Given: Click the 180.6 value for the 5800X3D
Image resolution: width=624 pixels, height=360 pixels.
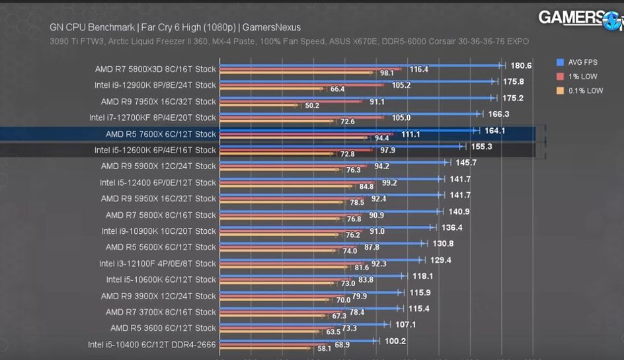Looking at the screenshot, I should pos(522,65).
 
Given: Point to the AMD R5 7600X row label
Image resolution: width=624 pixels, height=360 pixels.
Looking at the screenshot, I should pos(161,134).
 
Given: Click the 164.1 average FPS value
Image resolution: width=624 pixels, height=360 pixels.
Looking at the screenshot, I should pos(494,131).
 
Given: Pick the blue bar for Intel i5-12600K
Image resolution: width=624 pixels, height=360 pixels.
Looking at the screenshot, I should pos(340,146).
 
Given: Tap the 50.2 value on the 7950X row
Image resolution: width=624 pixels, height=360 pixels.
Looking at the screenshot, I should pos(311,106).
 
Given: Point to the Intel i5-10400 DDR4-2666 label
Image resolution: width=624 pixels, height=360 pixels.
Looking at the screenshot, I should pos(152,344).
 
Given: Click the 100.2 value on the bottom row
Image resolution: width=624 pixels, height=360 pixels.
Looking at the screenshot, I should pos(395,341).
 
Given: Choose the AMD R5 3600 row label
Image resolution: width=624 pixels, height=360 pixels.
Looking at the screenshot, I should pos(163,328).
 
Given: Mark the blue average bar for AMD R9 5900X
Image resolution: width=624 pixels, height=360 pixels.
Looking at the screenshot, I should pos(334,162).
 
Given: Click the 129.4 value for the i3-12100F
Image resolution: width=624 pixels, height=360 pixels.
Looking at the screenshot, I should pos(440,260).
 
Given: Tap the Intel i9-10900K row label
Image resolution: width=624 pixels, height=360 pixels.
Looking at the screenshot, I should pos(159,231).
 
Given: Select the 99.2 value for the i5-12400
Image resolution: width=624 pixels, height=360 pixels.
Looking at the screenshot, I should pos(389,183).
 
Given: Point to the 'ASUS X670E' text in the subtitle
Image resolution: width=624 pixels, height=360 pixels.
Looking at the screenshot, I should pos(340,42).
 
